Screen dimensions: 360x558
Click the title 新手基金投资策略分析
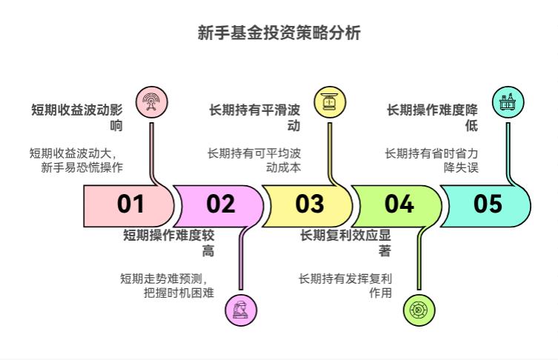tap(279, 33)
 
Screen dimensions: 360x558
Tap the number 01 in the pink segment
tap(131, 204)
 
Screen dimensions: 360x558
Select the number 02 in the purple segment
tap(220, 204)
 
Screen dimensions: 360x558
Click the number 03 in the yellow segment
tap(310, 204)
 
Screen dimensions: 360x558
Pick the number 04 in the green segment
tap(399, 204)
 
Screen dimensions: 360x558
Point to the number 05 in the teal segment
tap(488, 204)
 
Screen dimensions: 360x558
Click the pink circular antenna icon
tap(151, 103)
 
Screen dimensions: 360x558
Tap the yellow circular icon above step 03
tap(329, 103)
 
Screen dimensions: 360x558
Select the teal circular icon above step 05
tap(508, 103)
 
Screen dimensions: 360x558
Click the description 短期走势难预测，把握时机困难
tap(167, 286)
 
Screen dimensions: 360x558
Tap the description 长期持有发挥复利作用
tap(345, 286)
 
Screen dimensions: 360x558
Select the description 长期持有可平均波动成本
tap(254, 161)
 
